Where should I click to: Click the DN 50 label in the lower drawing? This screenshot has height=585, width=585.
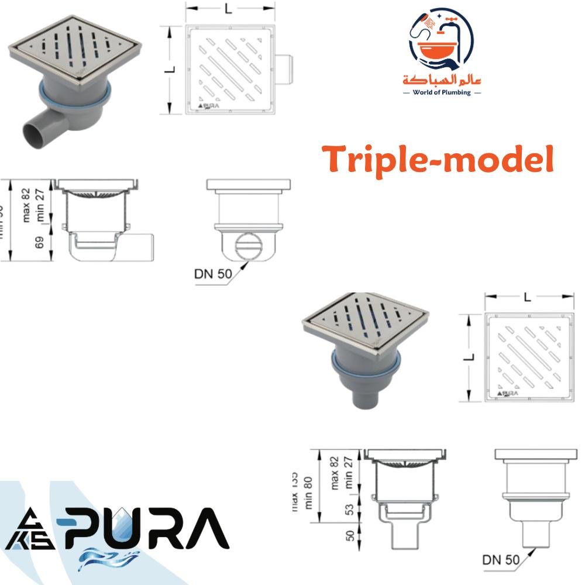(501, 559)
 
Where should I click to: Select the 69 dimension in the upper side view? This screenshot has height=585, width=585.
(40, 242)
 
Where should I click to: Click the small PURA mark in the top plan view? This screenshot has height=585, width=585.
(209, 106)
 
